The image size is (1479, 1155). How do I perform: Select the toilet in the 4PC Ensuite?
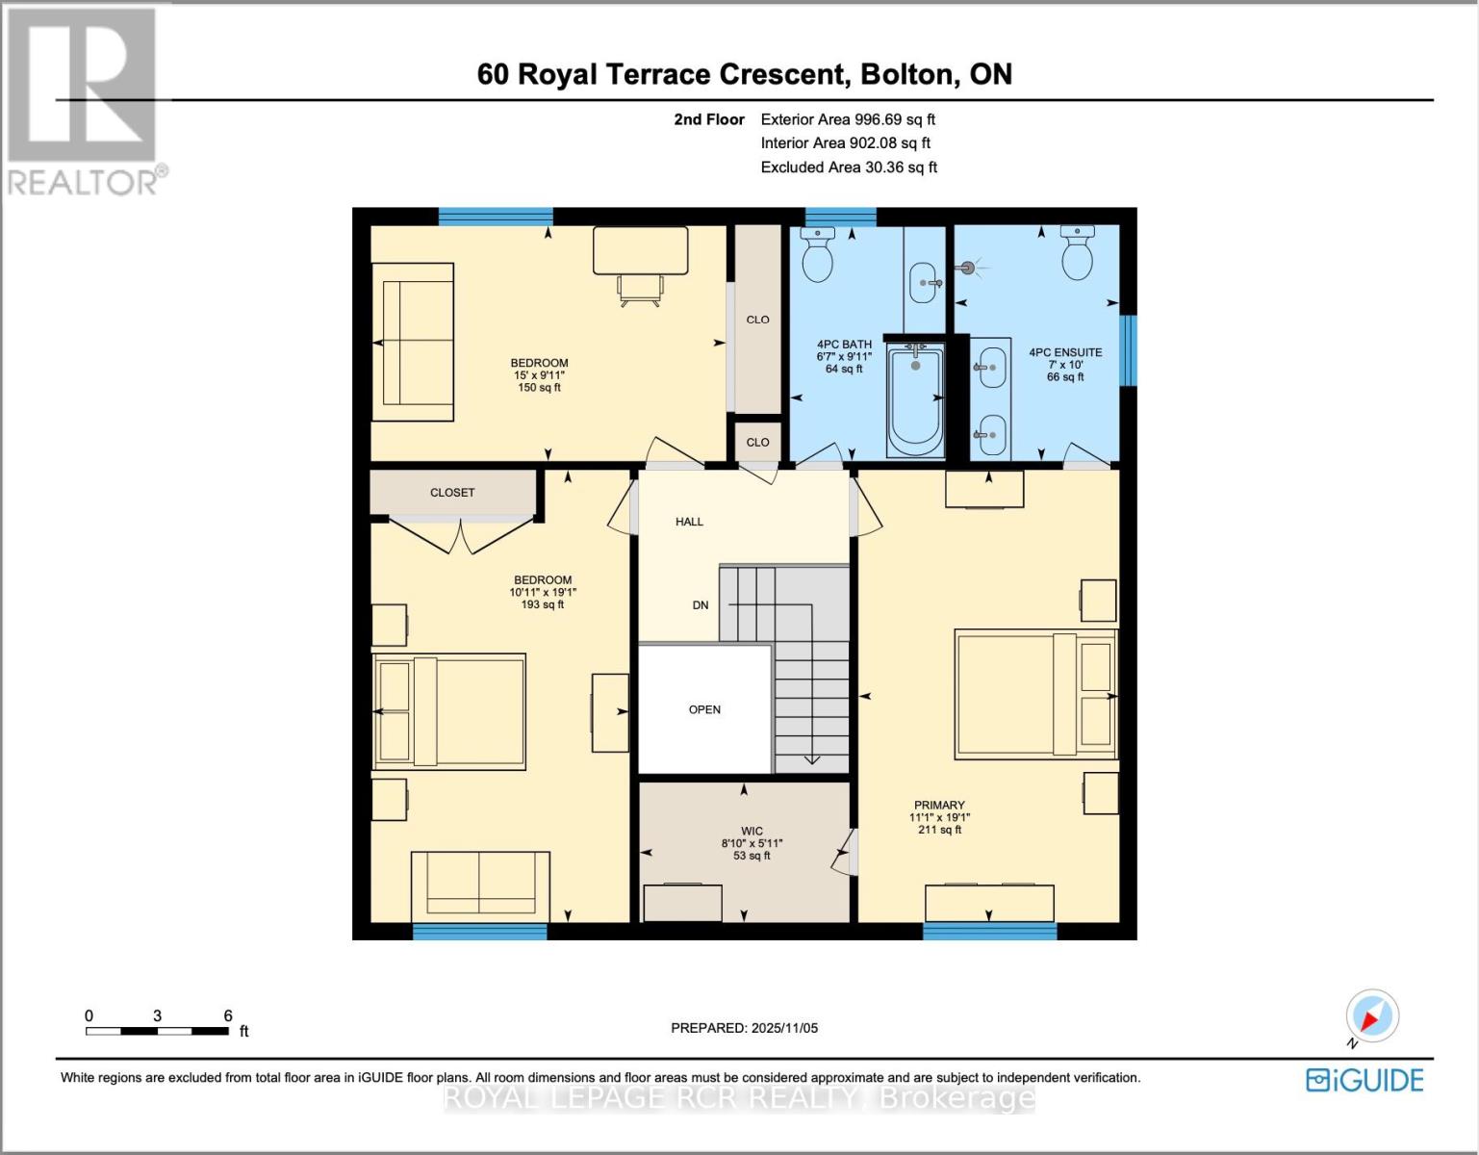[x=1077, y=253]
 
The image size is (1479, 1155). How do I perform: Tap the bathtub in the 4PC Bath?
[x=915, y=400]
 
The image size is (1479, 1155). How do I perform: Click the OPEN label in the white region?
[x=704, y=709]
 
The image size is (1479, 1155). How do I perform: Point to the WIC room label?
[x=752, y=831]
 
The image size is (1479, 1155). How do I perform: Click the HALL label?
[x=689, y=522]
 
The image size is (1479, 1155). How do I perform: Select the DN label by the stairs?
[x=701, y=605]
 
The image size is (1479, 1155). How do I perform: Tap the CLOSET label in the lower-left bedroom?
[x=452, y=492]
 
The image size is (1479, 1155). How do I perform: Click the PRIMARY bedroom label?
[x=939, y=805]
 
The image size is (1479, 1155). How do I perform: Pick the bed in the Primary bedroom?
[x=1034, y=694]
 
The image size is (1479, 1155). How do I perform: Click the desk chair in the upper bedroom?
[x=640, y=289]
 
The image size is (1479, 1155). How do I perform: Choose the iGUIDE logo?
[x=1364, y=1080]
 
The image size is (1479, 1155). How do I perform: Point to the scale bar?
[x=157, y=1031]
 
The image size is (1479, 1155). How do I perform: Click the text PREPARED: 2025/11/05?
[x=744, y=1028]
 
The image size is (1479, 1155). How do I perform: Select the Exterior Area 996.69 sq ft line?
[x=848, y=119]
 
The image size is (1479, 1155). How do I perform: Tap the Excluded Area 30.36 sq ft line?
[x=849, y=167]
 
